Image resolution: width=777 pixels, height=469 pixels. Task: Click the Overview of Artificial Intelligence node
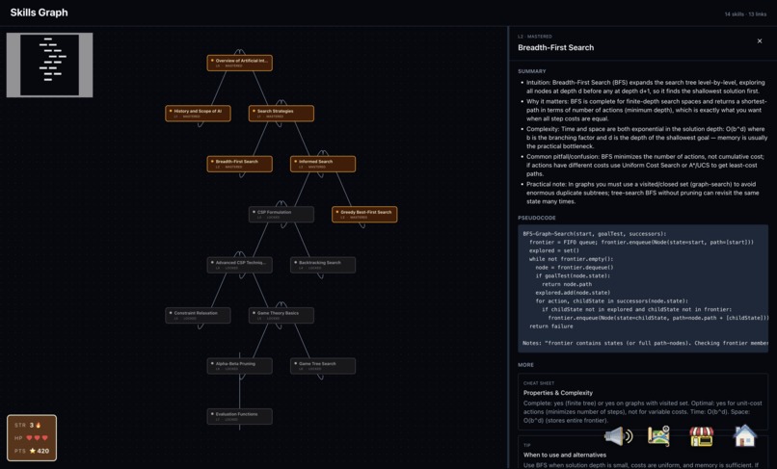pyautogui.click(x=239, y=63)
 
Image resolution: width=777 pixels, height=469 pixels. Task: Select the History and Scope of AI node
pyautogui.click(x=198, y=113)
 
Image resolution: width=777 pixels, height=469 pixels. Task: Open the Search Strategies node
pyautogui.click(x=281, y=113)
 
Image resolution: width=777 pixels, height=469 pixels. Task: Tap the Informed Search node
pyautogui.click(x=323, y=164)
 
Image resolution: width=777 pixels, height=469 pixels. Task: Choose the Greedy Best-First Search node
pyautogui.click(x=364, y=214)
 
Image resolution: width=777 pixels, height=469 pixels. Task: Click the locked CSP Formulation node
pyautogui.click(x=281, y=214)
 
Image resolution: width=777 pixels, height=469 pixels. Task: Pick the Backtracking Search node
pyautogui.click(x=323, y=264)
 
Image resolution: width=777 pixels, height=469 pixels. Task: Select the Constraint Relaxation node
pyautogui.click(x=198, y=315)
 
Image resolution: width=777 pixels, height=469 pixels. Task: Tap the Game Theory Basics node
pyautogui.click(x=281, y=315)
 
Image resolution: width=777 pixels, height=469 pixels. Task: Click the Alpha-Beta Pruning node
pyautogui.click(x=239, y=365)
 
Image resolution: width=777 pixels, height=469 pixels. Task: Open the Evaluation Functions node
pyautogui.click(x=239, y=416)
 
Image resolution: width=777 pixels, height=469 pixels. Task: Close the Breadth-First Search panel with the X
pyautogui.click(x=760, y=41)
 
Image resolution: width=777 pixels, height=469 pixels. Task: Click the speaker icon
pyautogui.click(x=618, y=436)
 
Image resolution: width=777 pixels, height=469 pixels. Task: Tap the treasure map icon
pyautogui.click(x=659, y=436)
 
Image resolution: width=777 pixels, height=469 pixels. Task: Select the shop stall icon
pyautogui.click(x=702, y=436)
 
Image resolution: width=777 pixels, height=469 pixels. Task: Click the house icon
pyautogui.click(x=744, y=436)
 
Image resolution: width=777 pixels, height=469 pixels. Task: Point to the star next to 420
pyautogui.click(x=33, y=451)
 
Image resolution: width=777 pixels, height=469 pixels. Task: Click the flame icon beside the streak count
pyautogui.click(x=39, y=425)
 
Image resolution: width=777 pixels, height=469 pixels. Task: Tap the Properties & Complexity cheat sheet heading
pyautogui.click(x=557, y=393)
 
